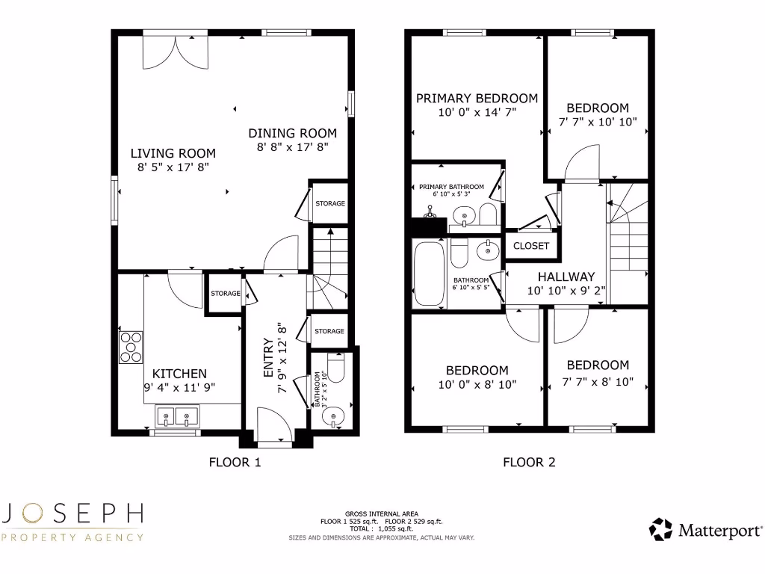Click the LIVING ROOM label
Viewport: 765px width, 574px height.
point(173,153)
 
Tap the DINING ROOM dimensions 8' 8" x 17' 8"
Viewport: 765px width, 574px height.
point(292,148)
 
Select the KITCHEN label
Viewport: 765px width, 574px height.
point(179,374)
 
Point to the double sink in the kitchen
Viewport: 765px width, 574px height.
point(176,415)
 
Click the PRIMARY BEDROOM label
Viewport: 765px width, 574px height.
point(477,98)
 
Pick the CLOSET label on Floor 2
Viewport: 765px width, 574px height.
point(531,246)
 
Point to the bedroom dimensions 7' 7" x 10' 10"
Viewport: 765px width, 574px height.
point(598,122)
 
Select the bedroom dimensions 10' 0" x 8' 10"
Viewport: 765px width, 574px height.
point(477,385)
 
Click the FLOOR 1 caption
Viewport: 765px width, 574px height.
point(235,463)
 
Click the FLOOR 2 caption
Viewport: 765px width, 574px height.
point(529,463)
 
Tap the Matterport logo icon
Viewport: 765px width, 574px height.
point(660,529)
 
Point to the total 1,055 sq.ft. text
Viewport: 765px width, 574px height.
point(382,528)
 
